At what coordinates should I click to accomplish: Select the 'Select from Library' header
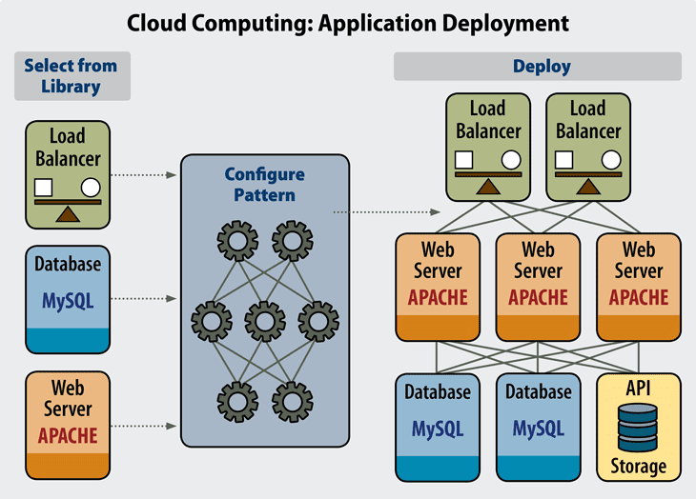(x=71, y=76)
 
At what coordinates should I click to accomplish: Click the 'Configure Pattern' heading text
(x=265, y=185)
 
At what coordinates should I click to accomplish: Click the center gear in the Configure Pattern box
(x=265, y=317)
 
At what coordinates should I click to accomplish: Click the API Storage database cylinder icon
(x=638, y=428)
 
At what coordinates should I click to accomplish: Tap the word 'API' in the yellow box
(x=638, y=390)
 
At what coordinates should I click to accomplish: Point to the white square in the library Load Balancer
(x=43, y=188)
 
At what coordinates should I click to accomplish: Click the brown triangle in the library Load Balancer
(x=67, y=213)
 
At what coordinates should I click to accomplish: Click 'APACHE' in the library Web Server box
(x=68, y=435)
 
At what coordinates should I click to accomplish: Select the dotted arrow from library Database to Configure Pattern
(x=143, y=299)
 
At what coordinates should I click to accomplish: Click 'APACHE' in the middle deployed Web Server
(x=538, y=297)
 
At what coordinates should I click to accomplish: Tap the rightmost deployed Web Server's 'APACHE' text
(x=638, y=297)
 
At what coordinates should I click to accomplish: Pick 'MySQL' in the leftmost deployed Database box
(x=438, y=429)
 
